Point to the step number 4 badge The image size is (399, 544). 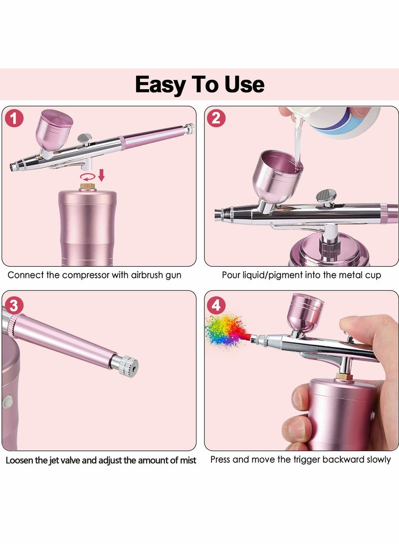point(216,305)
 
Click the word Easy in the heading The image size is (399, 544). point(160,84)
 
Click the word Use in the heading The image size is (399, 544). point(244,84)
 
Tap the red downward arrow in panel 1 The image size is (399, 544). point(101,175)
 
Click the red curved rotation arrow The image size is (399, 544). point(88,177)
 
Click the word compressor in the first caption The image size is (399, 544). point(95,275)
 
